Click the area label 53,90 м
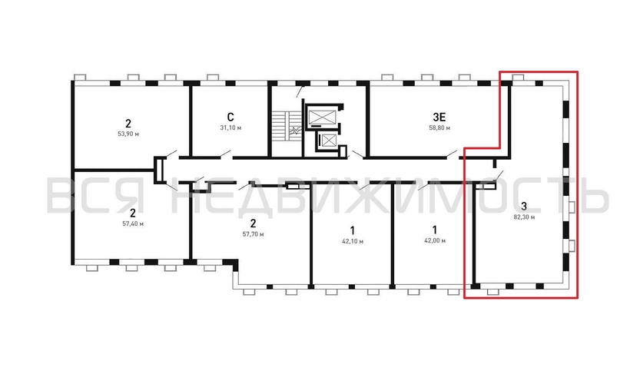129,134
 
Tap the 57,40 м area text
133,223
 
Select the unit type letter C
230,116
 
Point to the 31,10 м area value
230,127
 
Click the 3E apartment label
439,116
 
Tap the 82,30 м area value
523,217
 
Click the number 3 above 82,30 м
523,206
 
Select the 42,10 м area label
352,240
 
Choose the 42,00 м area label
434,240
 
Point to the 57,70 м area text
253,233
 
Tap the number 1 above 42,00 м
434,229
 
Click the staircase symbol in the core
286,127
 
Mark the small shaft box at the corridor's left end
159,170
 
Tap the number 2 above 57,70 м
253,222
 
